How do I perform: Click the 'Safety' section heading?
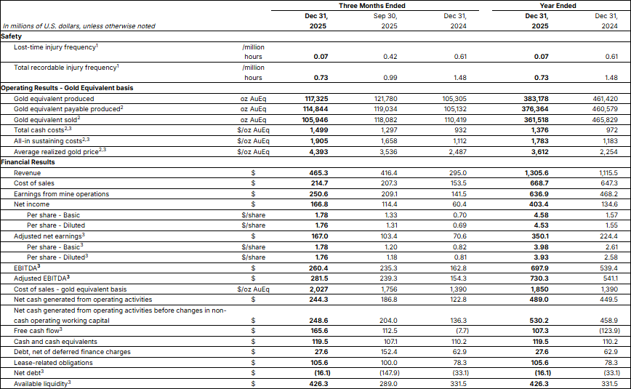coord(12,36)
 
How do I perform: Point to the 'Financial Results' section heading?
coord(28,162)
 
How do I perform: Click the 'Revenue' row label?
coord(27,173)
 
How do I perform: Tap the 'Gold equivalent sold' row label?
coord(47,119)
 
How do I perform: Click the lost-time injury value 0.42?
coord(388,56)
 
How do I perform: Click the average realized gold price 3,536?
coord(388,152)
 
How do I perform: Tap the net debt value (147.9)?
coord(387,373)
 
